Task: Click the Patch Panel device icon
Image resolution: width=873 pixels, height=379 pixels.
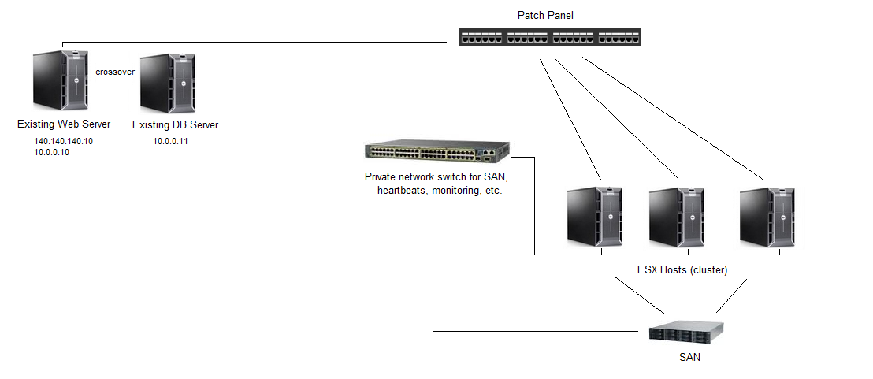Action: [550, 36]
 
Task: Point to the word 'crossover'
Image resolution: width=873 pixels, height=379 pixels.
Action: [115, 72]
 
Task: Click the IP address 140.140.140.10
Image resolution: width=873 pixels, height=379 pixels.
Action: [64, 141]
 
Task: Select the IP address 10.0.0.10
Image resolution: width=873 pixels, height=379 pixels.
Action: [52, 152]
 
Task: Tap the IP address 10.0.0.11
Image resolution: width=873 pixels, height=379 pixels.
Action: [170, 142]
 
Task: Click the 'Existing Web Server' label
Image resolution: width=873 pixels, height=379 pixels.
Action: [64, 124]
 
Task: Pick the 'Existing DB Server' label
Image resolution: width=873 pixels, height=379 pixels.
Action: [175, 124]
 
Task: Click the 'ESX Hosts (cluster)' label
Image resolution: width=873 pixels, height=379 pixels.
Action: [682, 270]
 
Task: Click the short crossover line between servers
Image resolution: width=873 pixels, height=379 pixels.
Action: [115, 80]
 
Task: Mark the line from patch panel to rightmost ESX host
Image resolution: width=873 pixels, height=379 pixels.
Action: [674, 117]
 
